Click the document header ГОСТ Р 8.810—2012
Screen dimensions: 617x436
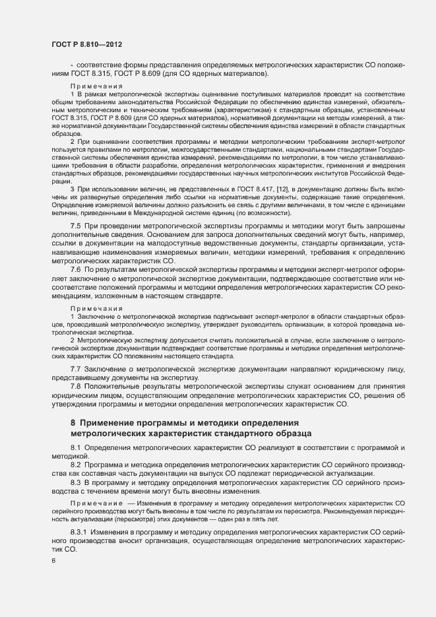click(86, 43)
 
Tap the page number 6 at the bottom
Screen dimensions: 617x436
click(53, 561)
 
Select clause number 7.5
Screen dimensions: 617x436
click(76, 245)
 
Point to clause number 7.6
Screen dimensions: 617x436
click(76, 288)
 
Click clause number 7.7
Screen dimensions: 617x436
click(76, 368)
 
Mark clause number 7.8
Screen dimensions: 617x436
click(76, 385)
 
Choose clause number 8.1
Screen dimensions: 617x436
click(76, 448)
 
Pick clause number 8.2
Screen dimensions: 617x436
click(76, 465)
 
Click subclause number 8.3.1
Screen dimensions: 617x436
click(78, 532)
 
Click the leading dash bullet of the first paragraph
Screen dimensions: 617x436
click(71, 65)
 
